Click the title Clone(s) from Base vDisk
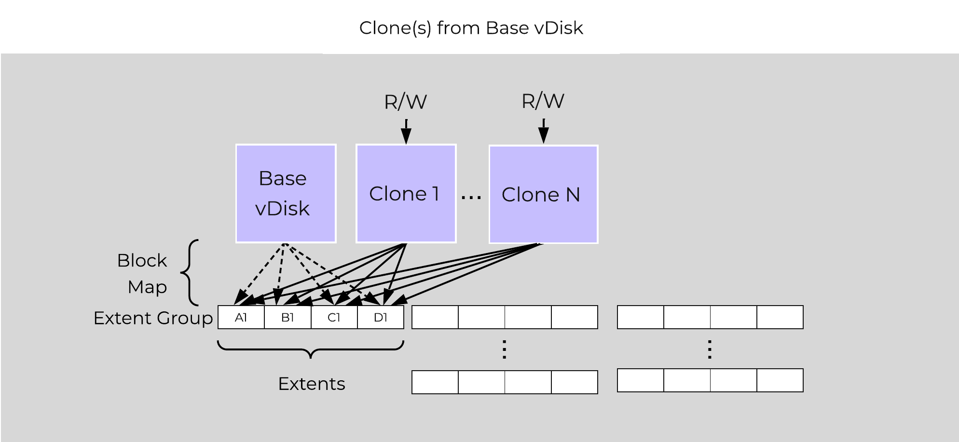[x=471, y=28]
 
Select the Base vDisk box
[x=286, y=193]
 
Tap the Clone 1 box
[x=406, y=193]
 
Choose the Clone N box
[x=543, y=194]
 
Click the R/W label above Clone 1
[x=405, y=102]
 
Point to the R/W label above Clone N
[x=543, y=101]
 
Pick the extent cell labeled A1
[x=241, y=317]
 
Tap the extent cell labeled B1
[x=288, y=317]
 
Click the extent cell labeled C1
[x=334, y=317]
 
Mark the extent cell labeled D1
[x=381, y=317]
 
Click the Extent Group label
[x=153, y=318]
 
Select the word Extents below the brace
[x=312, y=384]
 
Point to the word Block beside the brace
[x=142, y=260]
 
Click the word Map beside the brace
[x=147, y=287]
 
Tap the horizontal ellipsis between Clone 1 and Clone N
[x=471, y=197]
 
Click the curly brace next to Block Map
[x=190, y=273]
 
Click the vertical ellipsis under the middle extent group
[x=504, y=349]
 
